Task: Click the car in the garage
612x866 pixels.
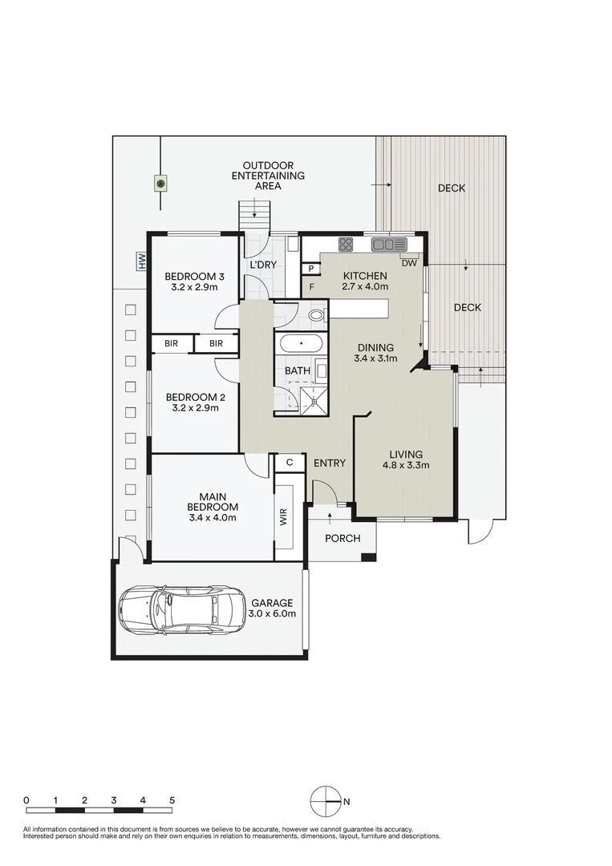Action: point(182,609)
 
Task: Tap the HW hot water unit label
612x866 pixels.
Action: point(143,261)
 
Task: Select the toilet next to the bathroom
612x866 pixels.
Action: point(317,316)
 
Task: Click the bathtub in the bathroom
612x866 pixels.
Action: point(301,343)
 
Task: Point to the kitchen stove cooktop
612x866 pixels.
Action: point(346,244)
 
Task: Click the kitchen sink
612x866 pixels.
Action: point(389,244)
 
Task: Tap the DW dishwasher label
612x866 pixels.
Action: point(409,264)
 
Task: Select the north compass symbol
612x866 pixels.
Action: point(326,801)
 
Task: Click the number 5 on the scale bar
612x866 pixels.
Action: point(172,799)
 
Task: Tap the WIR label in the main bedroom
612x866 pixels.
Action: point(284,517)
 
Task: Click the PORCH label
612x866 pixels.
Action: point(342,538)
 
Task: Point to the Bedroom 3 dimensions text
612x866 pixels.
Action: point(194,287)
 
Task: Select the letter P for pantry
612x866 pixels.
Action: point(311,269)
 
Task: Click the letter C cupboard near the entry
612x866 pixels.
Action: point(289,463)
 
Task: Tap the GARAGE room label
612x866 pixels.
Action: point(272,603)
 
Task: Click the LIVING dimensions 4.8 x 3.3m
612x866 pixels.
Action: point(406,465)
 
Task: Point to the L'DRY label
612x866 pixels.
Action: point(263,265)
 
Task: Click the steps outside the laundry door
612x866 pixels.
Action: point(254,216)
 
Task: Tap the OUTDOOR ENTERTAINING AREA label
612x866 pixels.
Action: point(268,176)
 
